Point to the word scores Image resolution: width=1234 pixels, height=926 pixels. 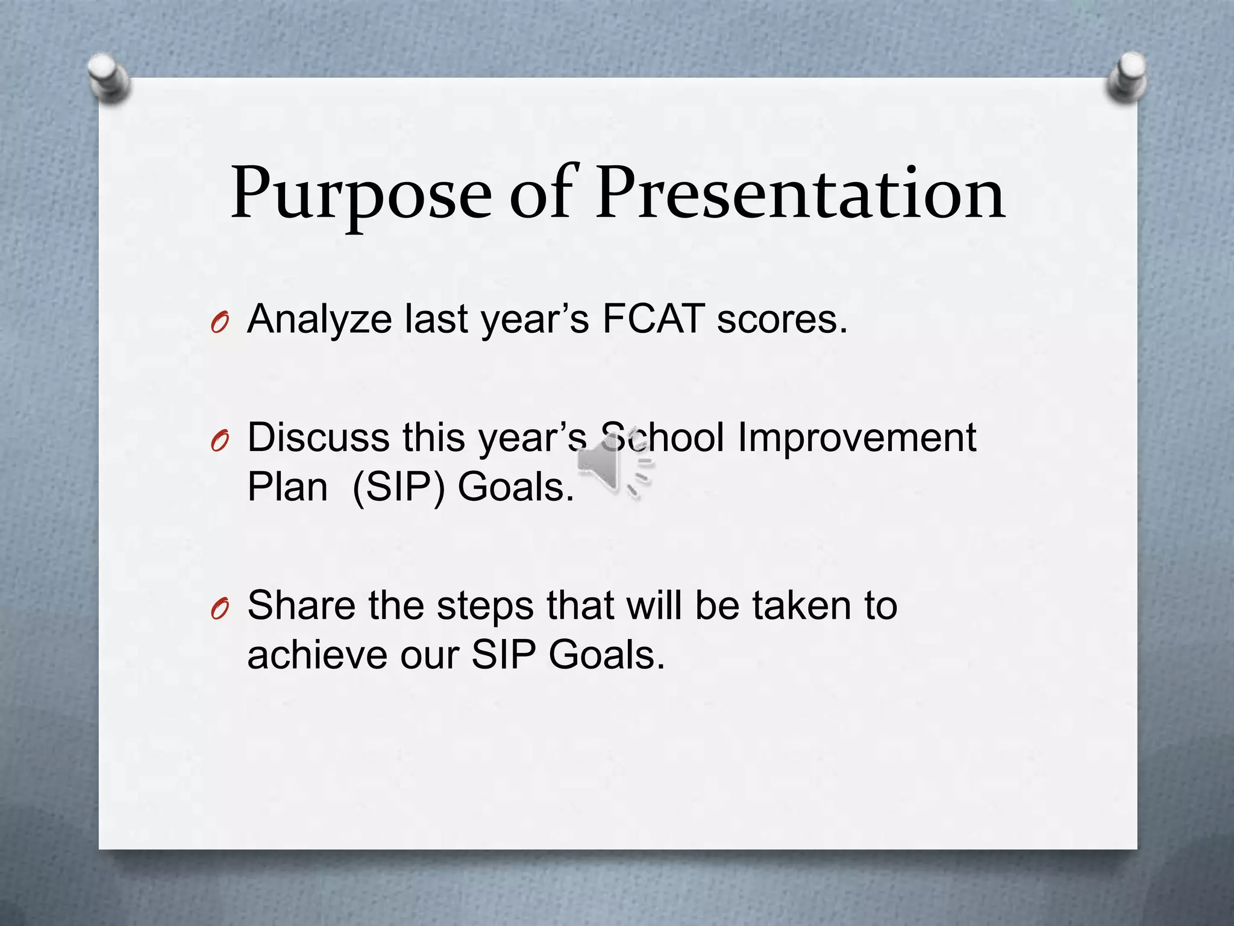coord(781,320)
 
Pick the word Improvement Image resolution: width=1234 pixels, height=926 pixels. coord(856,438)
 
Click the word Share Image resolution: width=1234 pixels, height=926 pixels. coord(301,605)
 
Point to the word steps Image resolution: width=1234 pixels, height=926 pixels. coord(484,606)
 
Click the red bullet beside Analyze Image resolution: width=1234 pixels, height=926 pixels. coord(219,324)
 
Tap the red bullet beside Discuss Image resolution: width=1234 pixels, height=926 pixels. coord(219,443)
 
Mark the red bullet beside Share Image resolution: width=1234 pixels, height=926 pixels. coord(219,611)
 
